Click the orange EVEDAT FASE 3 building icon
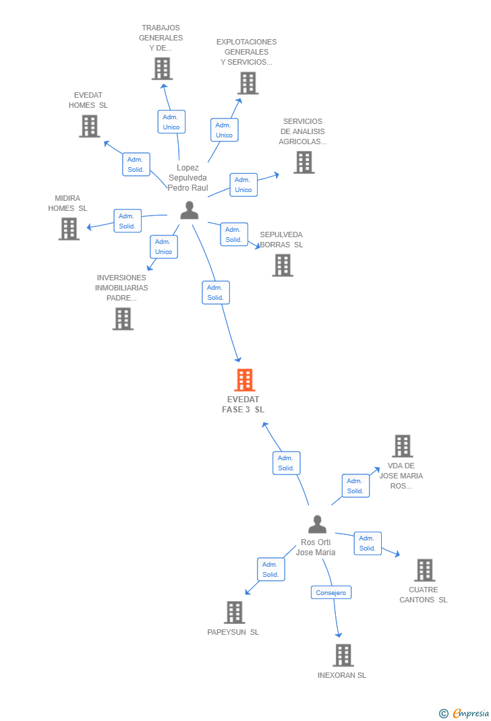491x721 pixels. click(244, 380)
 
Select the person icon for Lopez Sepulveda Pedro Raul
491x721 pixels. click(190, 210)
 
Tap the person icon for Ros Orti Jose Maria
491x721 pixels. click(317, 524)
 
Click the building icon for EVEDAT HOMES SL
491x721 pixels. click(89, 126)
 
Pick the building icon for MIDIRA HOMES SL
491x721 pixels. click(69, 228)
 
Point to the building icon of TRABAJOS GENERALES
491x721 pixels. click(162, 69)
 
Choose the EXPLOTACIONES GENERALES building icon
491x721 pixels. click(248, 83)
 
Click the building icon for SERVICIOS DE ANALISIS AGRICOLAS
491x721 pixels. click(304, 162)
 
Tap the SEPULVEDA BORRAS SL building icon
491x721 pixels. click(283, 265)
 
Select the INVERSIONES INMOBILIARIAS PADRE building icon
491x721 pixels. click(123, 319)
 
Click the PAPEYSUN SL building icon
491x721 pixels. click(234, 613)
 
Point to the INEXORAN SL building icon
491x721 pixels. click(343, 655)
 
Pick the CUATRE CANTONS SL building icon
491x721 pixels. click(424, 570)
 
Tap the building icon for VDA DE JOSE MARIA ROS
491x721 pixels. click(403, 446)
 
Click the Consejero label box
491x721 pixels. click(331, 593)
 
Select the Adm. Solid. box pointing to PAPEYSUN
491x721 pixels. click(270, 569)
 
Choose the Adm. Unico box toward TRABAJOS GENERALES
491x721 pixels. click(171, 122)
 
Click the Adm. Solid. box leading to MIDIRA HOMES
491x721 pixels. click(127, 221)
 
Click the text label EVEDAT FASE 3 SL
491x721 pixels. click(243, 404)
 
